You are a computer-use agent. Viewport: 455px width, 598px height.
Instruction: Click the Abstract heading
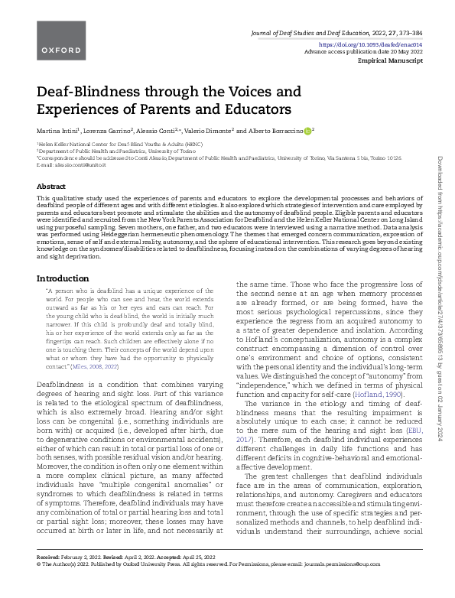pyautogui.click(x=51, y=186)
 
